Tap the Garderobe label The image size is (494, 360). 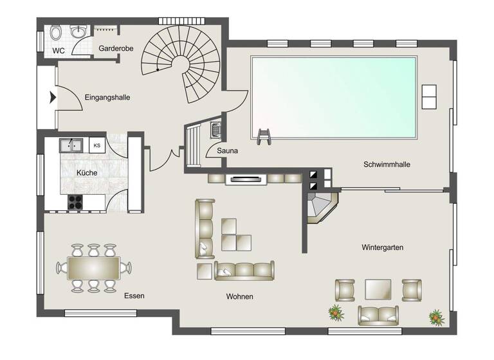114,48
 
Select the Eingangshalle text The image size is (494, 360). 107,98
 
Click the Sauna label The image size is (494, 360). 227,151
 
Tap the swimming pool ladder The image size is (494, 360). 264,135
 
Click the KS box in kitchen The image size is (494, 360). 97,145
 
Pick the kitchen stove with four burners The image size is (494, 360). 75,201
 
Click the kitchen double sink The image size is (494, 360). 72,145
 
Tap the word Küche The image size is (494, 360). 87,173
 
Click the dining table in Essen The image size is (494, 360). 93,267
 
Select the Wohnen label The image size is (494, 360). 239,296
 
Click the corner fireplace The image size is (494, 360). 322,206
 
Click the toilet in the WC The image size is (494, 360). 55,32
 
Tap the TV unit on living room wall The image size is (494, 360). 246,179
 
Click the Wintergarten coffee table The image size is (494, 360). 378,289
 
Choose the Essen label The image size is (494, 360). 135,296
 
